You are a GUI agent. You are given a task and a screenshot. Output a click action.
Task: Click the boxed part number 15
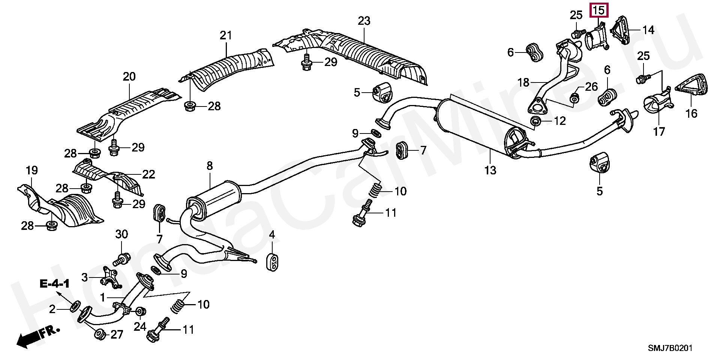pos(598,10)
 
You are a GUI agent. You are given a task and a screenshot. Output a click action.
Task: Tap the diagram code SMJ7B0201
pos(670,348)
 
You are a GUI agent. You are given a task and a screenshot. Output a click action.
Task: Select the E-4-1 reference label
pos(55,284)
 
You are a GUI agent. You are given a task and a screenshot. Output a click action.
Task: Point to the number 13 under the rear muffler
pos(490,170)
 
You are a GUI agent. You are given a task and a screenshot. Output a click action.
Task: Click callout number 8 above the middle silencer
pos(210,165)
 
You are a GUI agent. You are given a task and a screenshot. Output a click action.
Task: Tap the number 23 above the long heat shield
pos(364,21)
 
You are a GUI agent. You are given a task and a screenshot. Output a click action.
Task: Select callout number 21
pos(226,35)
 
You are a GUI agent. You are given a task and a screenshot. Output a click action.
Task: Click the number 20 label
pos(129,76)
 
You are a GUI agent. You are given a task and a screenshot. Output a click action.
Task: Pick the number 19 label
pos(32,170)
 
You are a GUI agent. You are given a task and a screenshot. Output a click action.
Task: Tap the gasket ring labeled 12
pos(535,121)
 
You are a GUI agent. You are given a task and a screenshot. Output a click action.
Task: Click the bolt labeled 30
pos(122,259)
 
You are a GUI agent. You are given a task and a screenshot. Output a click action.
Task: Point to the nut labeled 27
pos(100,334)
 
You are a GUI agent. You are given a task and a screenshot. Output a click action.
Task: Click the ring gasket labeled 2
pos(74,306)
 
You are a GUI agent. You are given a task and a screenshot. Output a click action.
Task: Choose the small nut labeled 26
pos(574,98)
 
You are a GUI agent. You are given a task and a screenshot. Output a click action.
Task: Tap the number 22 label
pos(148,174)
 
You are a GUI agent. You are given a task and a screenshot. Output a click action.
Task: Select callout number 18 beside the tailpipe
pos(523,82)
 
